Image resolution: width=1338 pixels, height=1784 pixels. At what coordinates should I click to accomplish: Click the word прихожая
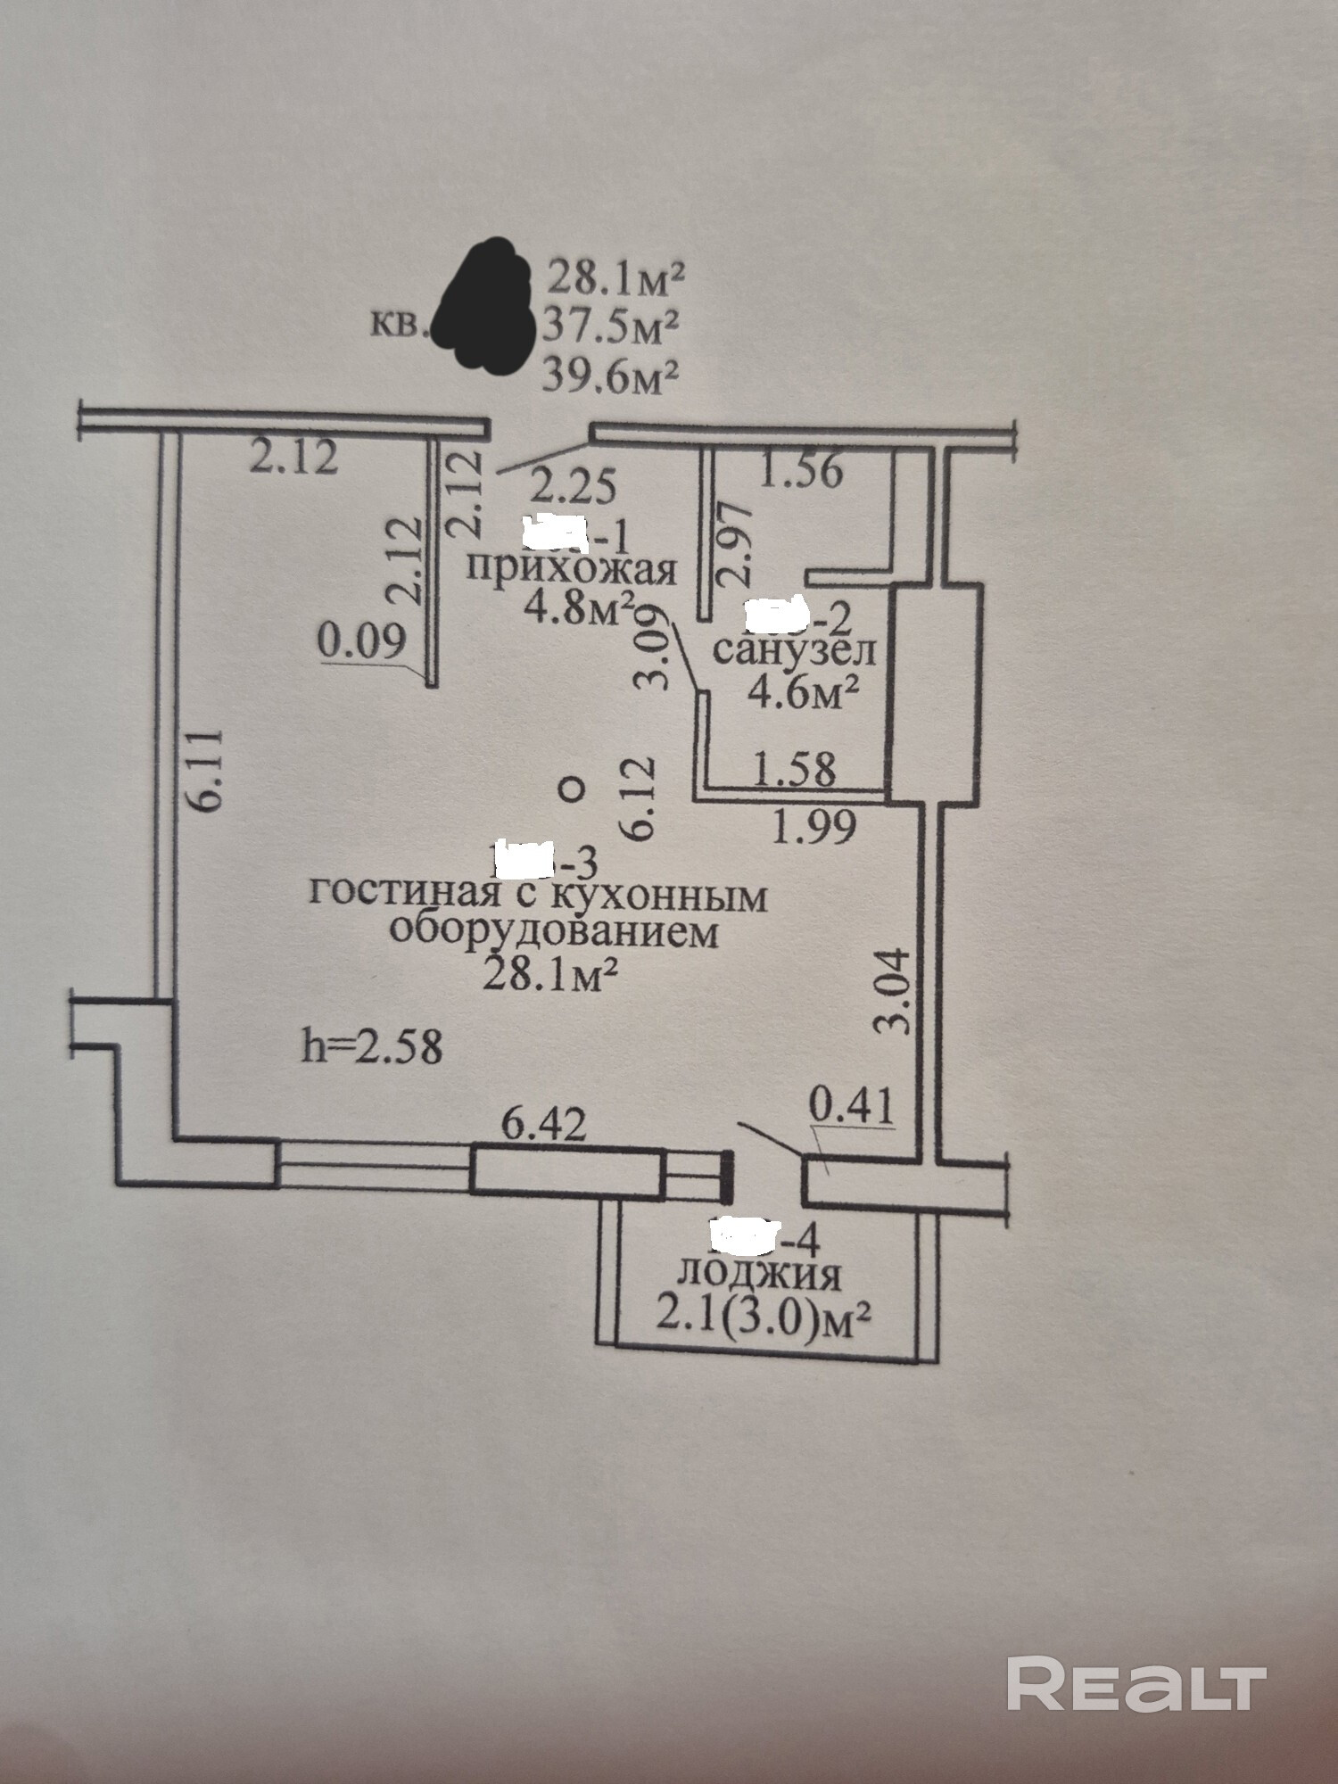click(571, 569)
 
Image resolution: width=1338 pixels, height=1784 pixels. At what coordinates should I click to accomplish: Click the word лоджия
click(760, 1274)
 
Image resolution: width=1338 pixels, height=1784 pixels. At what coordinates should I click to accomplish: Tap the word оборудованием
click(554, 932)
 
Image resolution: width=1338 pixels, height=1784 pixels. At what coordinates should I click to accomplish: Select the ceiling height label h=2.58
click(372, 1046)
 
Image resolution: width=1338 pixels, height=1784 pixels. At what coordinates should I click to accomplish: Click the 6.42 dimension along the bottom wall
click(544, 1126)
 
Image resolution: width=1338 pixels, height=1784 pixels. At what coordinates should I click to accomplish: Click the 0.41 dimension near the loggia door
click(850, 1108)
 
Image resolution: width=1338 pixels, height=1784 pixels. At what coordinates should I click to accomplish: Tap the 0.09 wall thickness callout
click(362, 642)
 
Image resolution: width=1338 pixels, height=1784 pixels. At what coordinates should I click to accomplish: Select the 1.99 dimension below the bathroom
click(814, 827)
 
